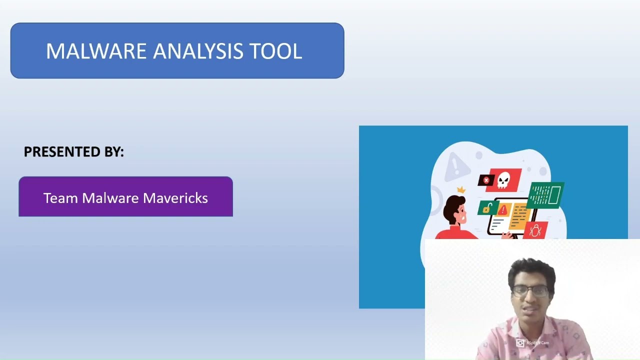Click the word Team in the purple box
click(60, 198)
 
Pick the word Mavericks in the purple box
click(175, 198)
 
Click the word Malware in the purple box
click(110, 198)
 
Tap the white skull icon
click(503, 179)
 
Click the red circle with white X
click(486, 180)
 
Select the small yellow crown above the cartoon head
click(461, 190)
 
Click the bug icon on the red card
click(535, 230)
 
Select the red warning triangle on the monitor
click(502, 209)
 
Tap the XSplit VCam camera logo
click(520, 343)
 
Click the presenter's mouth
click(529, 308)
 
